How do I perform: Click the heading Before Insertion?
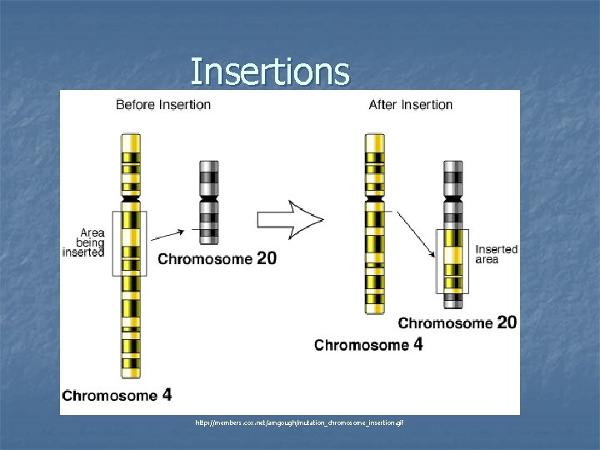(163, 105)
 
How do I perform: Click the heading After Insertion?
(411, 105)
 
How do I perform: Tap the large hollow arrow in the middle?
(289, 219)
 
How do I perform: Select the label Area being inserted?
(85, 242)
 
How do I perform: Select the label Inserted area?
(497, 254)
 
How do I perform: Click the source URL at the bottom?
(299, 423)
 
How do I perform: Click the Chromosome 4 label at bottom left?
(117, 394)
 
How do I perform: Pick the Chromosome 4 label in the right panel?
(368, 344)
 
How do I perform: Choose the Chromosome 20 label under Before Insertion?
(217, 259)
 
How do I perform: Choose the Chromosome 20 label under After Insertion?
(457, 322)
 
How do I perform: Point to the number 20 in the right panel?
(507, 322)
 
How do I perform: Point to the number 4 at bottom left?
(167, 393)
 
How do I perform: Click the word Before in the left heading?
(134, 105)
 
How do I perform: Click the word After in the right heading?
(385, 105)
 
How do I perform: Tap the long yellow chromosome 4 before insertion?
(130, 258)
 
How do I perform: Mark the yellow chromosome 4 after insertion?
(375, 225)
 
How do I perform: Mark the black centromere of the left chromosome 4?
(130, 201)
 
